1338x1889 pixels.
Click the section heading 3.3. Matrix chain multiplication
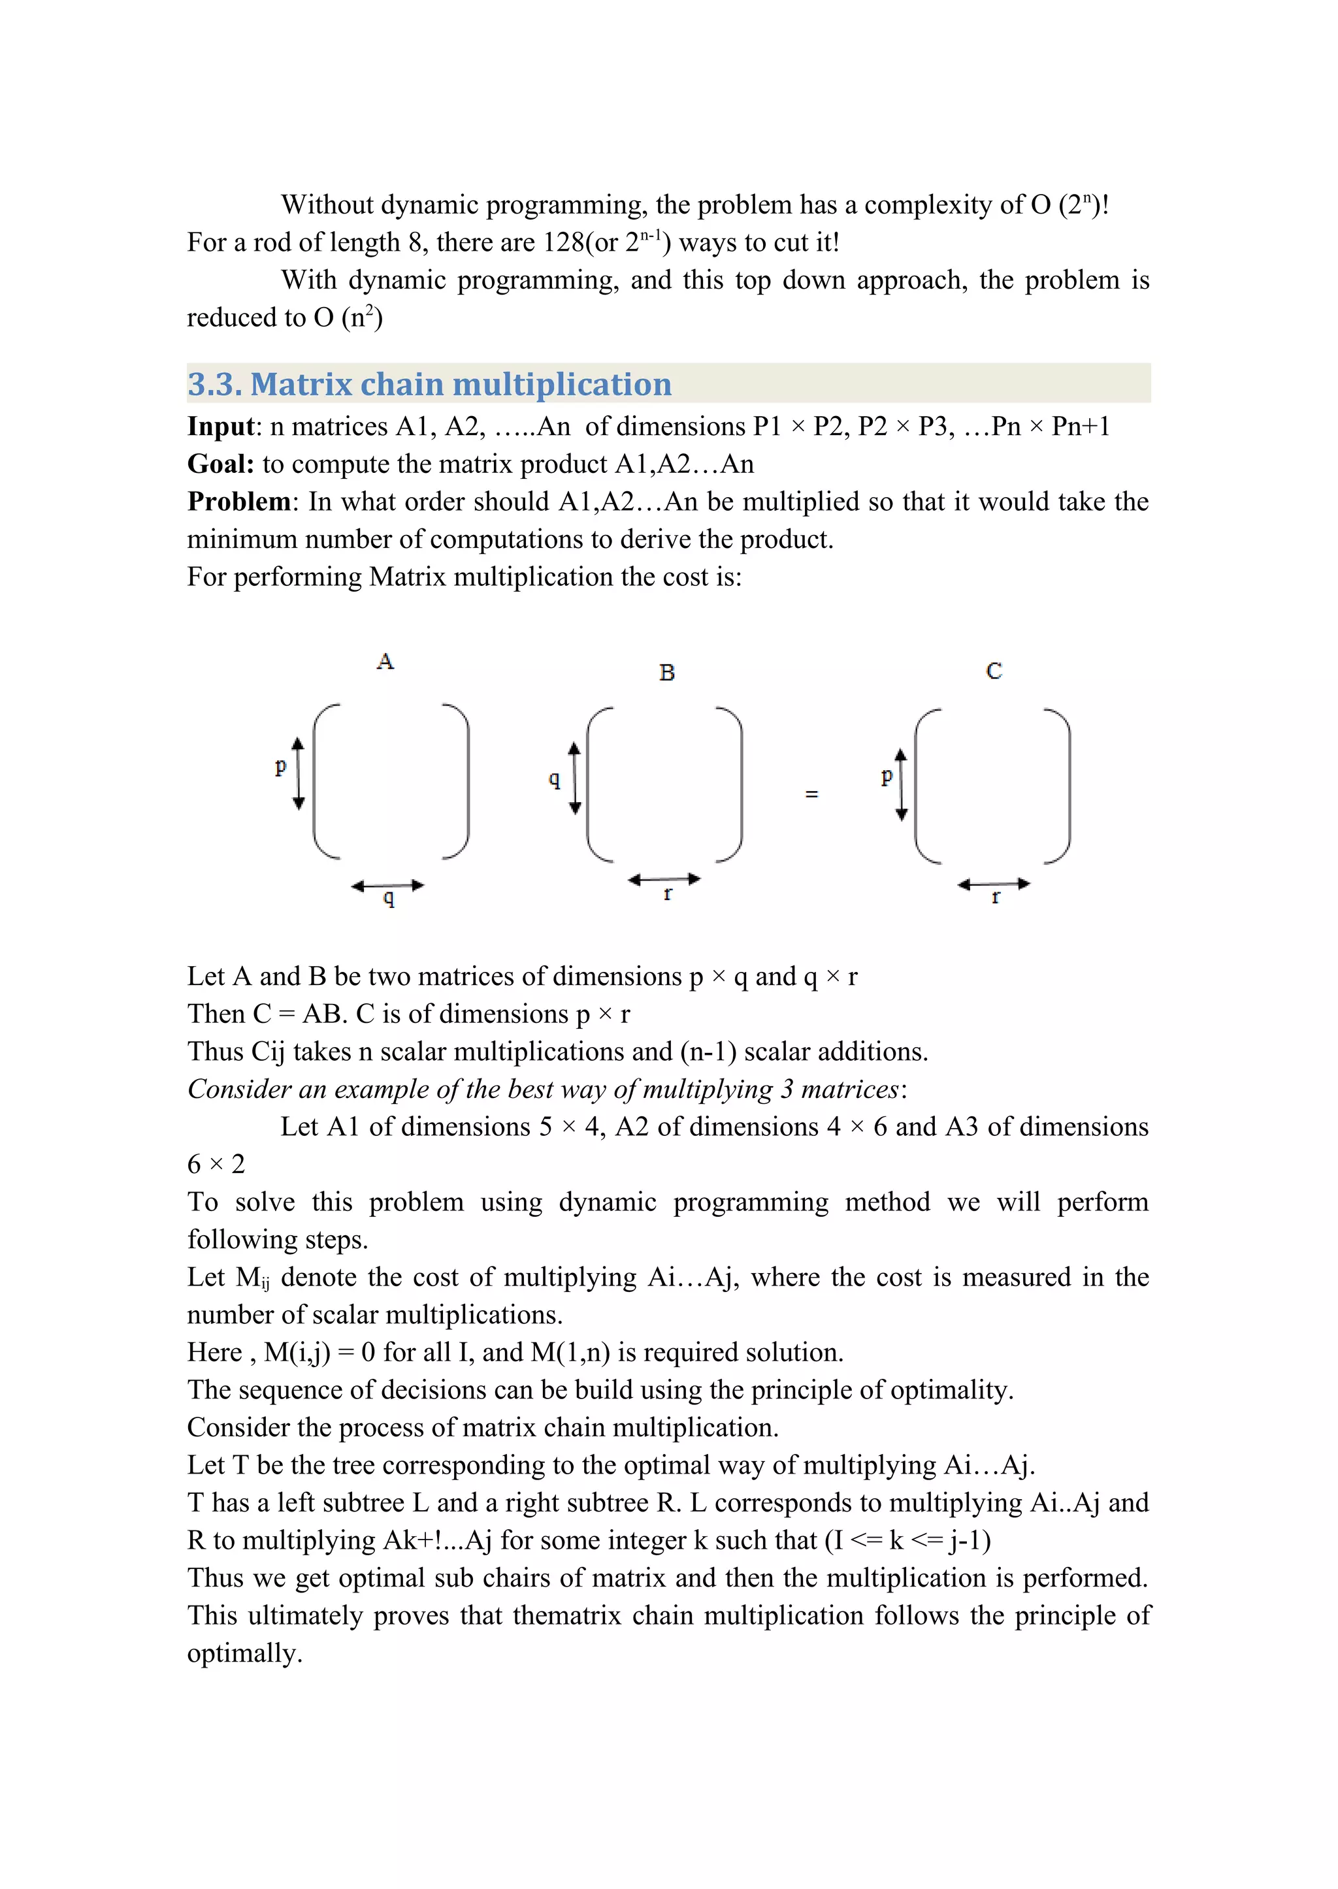pos(429,385)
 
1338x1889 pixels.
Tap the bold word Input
pos(221,427)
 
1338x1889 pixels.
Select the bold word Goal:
pos(221,464)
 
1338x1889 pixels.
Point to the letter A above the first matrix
pos(385,662)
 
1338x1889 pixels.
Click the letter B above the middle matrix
pos(666,673)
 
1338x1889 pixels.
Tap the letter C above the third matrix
pos(994,671)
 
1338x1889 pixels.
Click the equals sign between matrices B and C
pos(811,794)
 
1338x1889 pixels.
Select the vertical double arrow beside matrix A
pos(299,773)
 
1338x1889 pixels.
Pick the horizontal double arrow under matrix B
pos(664,880)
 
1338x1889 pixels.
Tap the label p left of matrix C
pos(887,775)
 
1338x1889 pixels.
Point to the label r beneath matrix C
pos(995,897)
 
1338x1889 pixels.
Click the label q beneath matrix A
pos(389,898)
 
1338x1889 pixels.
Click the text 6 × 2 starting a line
pos(216,1165)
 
